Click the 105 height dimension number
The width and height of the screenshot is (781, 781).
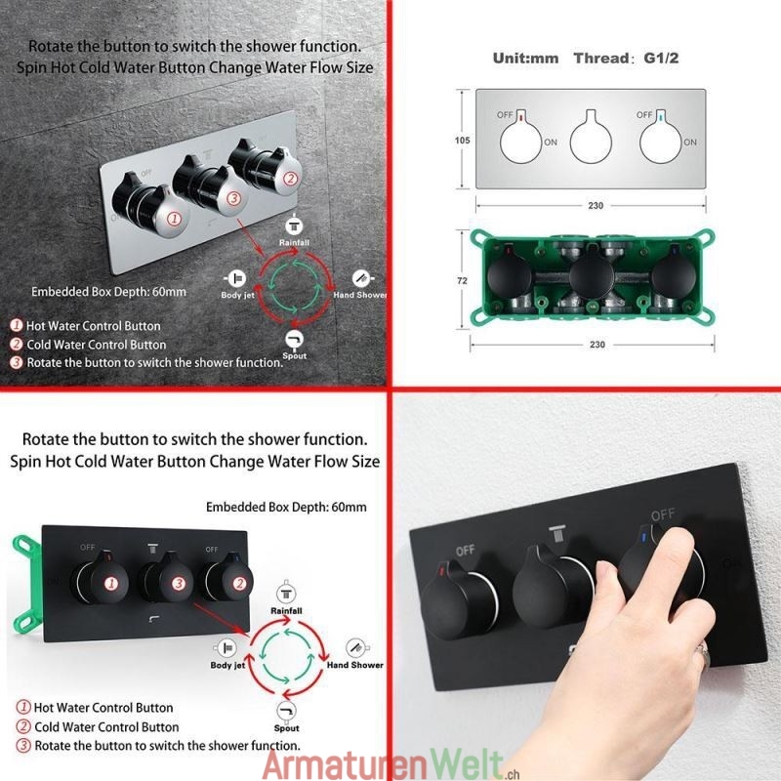pos(462,141)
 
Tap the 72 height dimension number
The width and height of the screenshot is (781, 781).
pos(462,281)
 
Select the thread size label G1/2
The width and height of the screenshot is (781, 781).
pos(661,59)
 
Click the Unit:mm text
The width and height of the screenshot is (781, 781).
pos(525,59)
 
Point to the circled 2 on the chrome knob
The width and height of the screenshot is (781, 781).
pos(290,179)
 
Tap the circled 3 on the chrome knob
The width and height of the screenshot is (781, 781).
pos(233,198)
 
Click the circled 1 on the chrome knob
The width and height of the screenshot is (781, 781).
pos(174,218)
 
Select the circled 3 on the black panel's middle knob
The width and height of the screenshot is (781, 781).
pos(179,583)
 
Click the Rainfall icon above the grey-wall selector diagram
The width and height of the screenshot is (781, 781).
pos(294,226)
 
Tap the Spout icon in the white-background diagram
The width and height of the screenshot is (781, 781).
pos(286,711)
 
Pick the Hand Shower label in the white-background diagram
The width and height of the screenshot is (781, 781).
pos(354,665)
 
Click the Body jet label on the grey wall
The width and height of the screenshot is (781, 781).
pos(237,295)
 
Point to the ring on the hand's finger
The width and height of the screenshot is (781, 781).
pos(702,651)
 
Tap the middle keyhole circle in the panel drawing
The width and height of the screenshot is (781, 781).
pos(591,141)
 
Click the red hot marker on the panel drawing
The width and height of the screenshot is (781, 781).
pos(521,118)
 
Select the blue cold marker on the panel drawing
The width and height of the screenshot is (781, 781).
pos(661,118)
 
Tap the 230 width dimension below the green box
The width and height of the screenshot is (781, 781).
pos(596,345)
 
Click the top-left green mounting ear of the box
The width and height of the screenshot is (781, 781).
pos(479,237)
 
